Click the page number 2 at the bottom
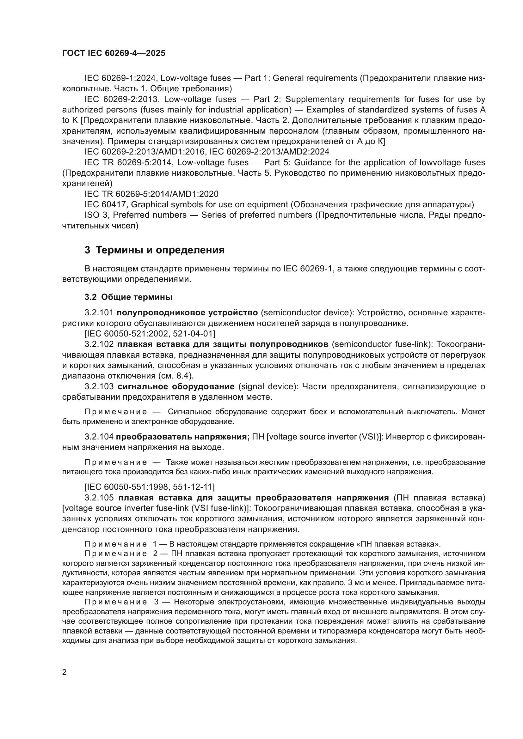(65, 672)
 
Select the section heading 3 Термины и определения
(155, 250)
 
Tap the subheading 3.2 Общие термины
(128, 297)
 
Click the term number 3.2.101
(99, 312)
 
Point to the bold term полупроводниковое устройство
(188, 312)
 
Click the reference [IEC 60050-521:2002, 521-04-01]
(150, 333)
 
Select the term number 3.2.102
(99, 344)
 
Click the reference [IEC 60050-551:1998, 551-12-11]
(150, 487)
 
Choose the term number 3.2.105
(99, 498)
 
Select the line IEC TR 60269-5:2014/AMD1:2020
(151, 194)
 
